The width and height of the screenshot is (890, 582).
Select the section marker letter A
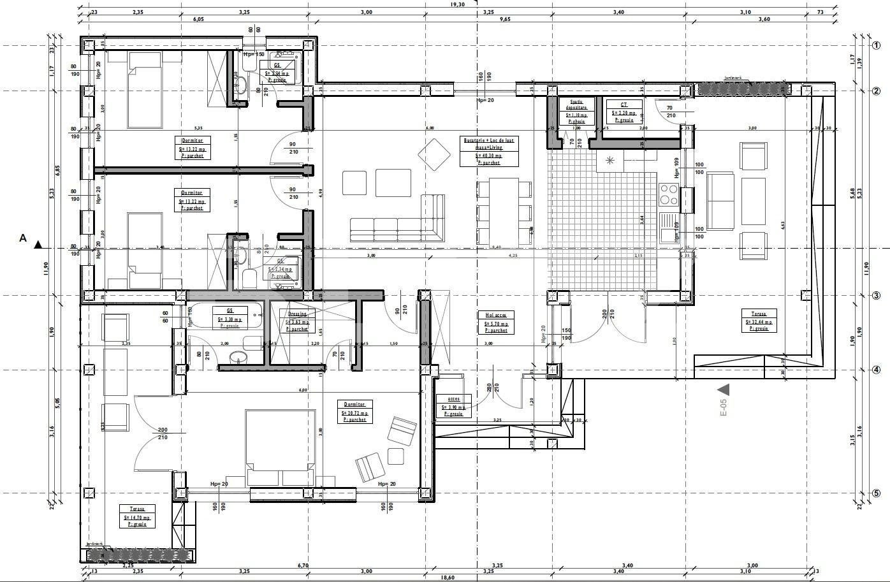(24, 238)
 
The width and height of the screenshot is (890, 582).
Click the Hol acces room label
(496, 322)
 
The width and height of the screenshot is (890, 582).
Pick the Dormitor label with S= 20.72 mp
(354, 412)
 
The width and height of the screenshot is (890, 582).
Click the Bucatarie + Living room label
(489, 150)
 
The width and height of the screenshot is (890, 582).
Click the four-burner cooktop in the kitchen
(669, 194)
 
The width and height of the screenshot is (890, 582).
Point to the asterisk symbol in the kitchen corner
(610, 160)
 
